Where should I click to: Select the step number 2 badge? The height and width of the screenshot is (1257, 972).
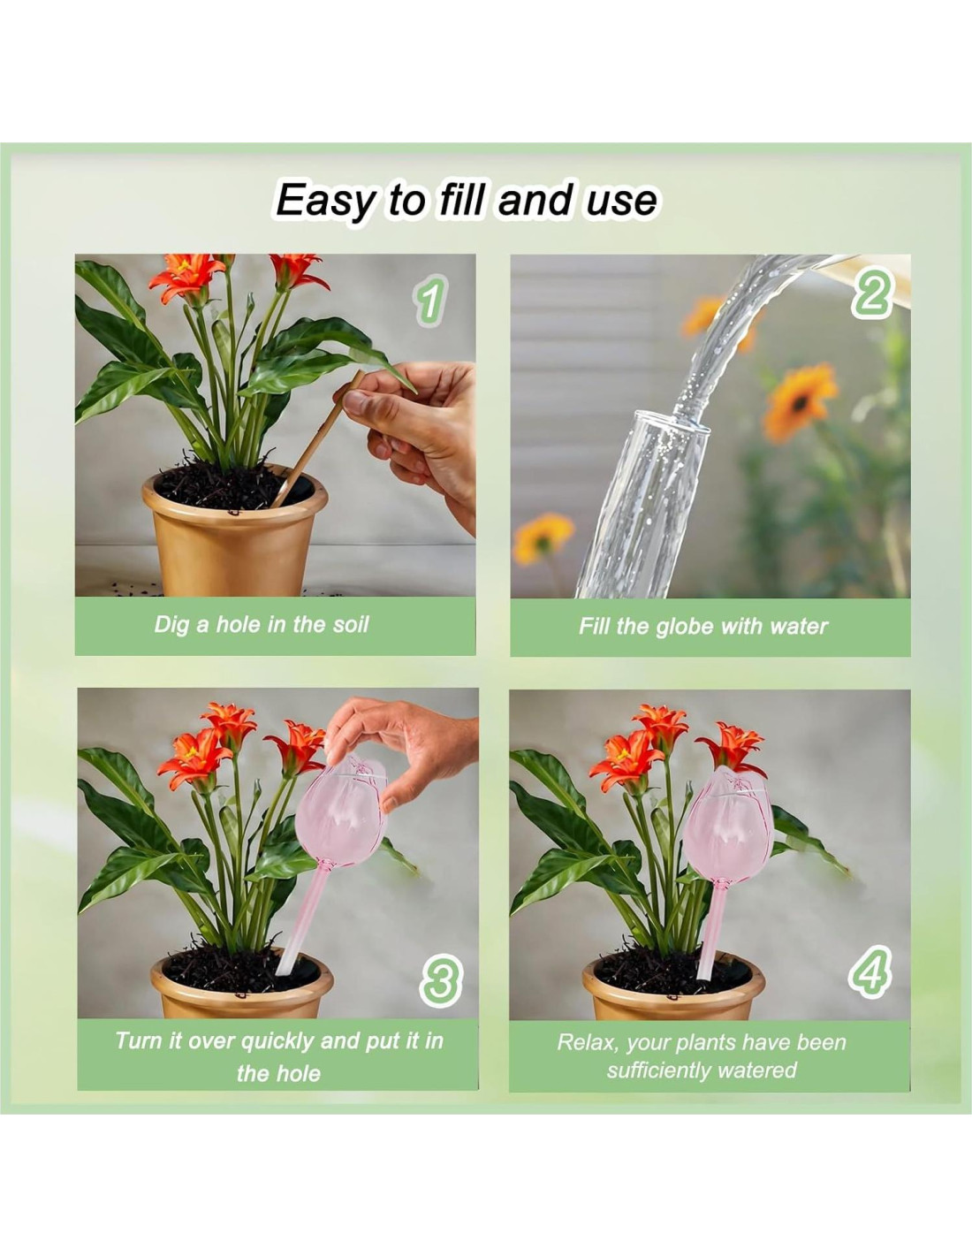pos(872,291)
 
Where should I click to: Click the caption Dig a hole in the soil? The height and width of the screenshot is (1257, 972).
pos(262,625)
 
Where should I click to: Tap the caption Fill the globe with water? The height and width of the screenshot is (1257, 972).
pos(703,627)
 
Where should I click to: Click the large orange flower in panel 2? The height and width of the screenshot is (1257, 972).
pos(801,400)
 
